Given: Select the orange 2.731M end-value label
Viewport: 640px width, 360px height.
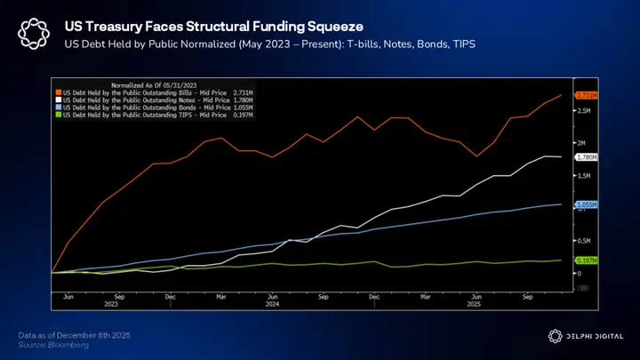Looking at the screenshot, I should pos(587,95).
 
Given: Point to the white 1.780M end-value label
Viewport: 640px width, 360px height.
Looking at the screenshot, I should pos(587,157).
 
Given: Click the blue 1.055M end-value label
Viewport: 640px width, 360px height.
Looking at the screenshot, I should pos(587,204).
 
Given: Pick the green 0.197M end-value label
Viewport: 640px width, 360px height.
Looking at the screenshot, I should pos(587,260).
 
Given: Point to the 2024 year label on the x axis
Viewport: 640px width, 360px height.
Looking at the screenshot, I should pos(273,304).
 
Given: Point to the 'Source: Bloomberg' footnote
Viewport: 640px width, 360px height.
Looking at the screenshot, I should pos(54,344).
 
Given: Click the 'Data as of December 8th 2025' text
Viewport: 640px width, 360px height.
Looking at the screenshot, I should pos(75,334).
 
